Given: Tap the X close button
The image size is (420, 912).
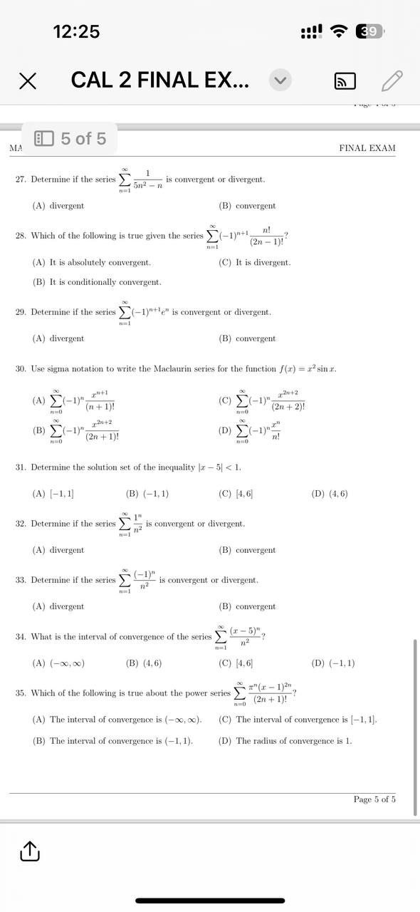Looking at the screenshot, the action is coord(28,81).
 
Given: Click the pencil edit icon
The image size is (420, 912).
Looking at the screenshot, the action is coord(392,81).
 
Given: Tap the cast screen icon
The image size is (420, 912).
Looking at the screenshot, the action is coord(345,81).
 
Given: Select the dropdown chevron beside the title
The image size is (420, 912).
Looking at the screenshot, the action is coord(280,81).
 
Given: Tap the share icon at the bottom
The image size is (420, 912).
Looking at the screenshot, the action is coord(28,851).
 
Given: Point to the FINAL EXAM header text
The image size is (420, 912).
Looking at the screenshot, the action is coord(367,148).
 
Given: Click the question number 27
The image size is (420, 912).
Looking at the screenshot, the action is coord(21,180).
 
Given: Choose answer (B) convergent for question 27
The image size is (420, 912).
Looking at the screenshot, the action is coord(247,206).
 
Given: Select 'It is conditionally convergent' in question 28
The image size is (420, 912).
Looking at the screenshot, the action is coord(97,282).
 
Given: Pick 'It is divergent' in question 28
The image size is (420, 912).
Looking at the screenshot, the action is coord(255,262).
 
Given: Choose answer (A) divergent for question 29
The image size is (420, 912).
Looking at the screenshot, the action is coord(58,338).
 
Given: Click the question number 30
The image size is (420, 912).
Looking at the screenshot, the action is coord(21,369).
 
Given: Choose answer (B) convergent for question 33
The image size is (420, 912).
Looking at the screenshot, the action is coord(247,606).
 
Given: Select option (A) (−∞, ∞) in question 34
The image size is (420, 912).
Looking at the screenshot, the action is coord(58,663).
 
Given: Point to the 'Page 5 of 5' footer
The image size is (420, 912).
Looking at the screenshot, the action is coord(374,799).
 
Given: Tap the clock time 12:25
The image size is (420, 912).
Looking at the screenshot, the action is coord(76,31).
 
